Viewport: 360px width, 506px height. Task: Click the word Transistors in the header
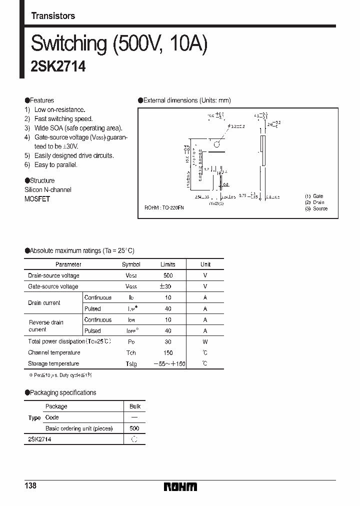53,16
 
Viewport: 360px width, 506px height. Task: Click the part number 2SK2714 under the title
58,67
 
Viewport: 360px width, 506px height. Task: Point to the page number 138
31,486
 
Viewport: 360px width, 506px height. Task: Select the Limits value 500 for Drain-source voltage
168,275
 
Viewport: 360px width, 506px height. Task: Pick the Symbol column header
131,264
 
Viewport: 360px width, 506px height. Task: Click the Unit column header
205,264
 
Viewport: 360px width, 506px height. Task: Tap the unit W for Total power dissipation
205,342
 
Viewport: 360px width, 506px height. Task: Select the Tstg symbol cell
131,364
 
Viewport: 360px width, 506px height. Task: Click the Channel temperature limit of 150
168,353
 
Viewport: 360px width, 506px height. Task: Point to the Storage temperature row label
53,364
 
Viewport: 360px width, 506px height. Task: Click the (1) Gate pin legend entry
314,196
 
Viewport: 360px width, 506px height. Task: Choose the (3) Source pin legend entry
316,208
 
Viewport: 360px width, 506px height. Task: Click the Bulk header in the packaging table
135,406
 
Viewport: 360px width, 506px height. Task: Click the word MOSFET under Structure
37,198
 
